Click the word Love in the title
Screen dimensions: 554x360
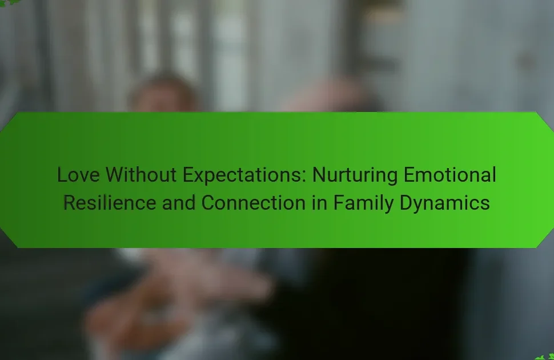[78, 175]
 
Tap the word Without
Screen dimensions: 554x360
[141, 175]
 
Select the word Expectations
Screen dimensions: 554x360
[242, 175]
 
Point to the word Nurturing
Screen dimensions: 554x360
[355, 175]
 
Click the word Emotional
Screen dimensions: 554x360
[450, 175]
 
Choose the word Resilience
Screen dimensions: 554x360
[110, 203]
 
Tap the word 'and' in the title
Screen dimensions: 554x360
[178, 203]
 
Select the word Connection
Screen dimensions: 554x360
[254, 203]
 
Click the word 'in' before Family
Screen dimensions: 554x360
[319, 203]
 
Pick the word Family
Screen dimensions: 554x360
[363, 203]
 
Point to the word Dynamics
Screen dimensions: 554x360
[444, 203]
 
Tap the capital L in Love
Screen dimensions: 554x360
[62, 175]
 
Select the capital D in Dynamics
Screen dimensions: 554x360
[406, 203]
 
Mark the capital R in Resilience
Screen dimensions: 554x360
[70, 203]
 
